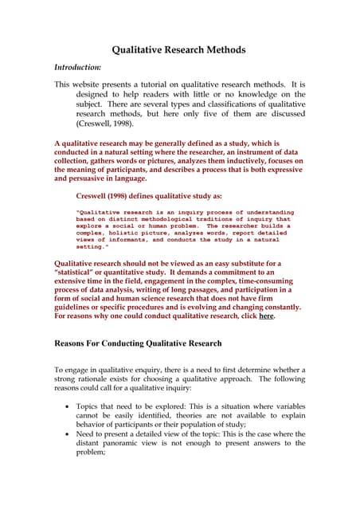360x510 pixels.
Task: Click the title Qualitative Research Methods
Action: tap(178, 50)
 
